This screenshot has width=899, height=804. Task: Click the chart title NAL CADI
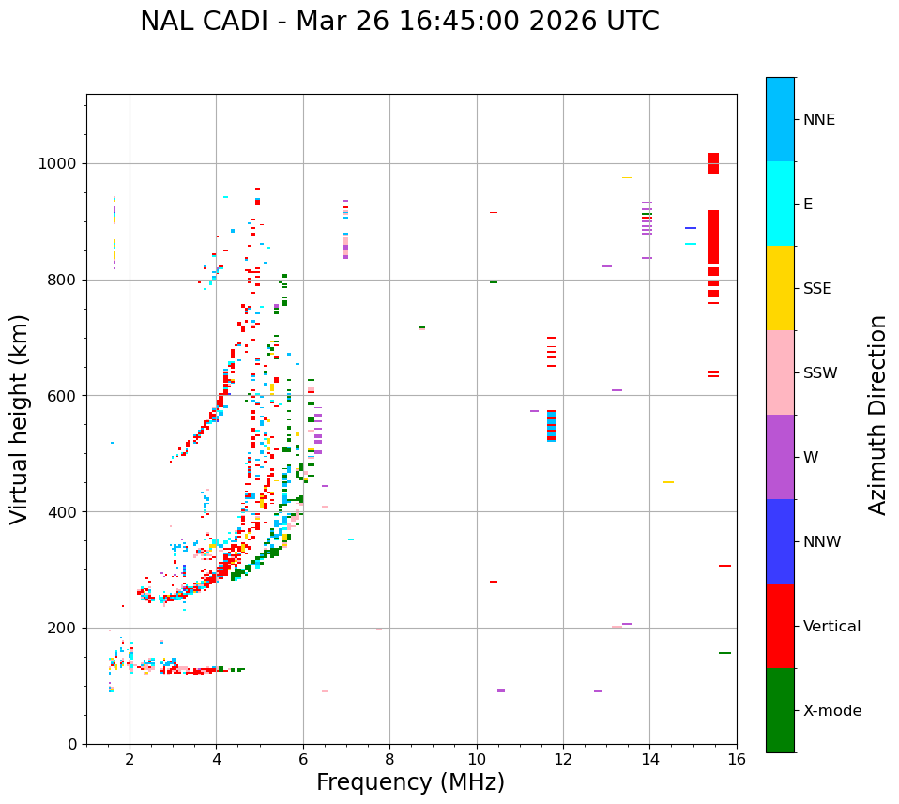click(399, 22)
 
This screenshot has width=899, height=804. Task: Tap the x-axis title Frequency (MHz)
click(410, 782)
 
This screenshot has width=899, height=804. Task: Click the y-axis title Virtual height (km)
click(20, 418)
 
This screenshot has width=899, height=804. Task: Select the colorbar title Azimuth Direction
click(877, 415)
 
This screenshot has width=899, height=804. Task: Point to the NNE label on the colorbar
click(818, 120)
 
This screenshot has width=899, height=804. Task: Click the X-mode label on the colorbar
click(831, 711)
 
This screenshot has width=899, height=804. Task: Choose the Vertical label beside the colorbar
click(831, 627)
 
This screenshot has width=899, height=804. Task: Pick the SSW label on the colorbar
click(820, 373)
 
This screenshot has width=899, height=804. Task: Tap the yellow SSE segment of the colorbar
click(780, 287)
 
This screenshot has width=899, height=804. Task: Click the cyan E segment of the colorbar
click(780, 203)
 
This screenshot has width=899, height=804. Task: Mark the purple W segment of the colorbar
click(780, 456)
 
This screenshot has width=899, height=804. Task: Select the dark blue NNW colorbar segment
click(780, 540)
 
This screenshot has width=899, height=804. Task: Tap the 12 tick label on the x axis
click(563, 759)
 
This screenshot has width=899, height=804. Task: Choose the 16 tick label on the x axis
click(737, 759)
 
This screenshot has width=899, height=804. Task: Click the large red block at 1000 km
click(713, 163)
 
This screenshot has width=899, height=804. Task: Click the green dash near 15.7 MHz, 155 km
click(724, 653)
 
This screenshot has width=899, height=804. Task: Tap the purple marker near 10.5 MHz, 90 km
click(501, 690)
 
